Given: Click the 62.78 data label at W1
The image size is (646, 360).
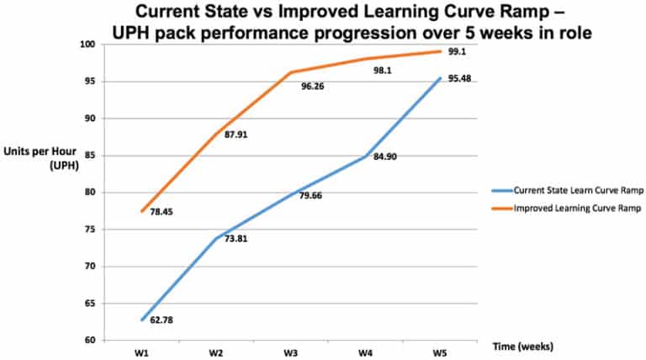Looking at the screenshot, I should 161,320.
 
